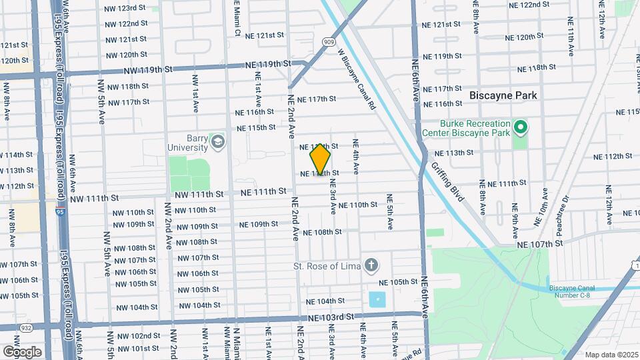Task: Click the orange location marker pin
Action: [x=321, y=159]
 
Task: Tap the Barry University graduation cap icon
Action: [x=217, y=141]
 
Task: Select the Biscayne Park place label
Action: [x=503, y=95]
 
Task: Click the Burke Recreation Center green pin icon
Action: [x=521, y=126]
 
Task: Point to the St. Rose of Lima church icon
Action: [x=371, y=267]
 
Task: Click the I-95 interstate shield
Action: [x=60, y=213]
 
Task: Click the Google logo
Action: [x=22, y=351]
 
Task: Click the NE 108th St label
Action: [x=322, y=233]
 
